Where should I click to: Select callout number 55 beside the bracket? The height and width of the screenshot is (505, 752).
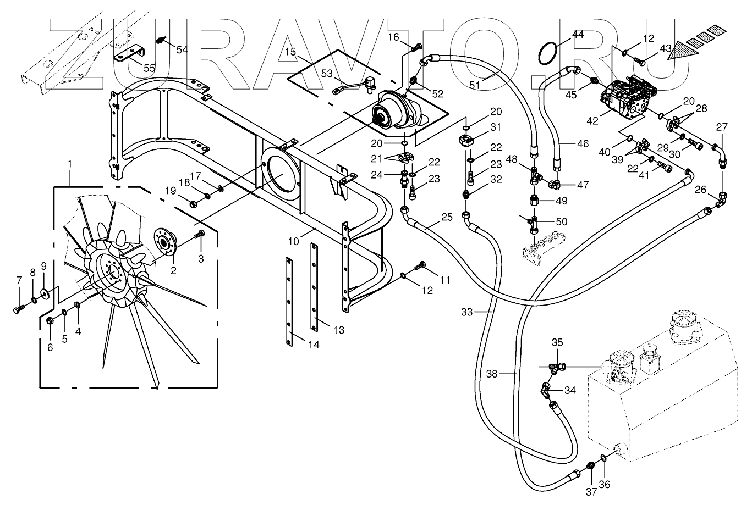[150, 68]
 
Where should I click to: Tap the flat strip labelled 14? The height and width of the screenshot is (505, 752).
[289, 301]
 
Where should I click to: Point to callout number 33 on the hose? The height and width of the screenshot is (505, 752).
[466, 312]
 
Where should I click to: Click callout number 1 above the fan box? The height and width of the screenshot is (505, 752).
[70, 164]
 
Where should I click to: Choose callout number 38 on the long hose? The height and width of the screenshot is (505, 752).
[492, 374]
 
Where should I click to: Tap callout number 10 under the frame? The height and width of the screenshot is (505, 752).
[294, 241]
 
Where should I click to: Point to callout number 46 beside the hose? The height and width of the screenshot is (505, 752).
[583, 143]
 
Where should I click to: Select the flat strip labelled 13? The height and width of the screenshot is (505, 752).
[314, 287]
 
